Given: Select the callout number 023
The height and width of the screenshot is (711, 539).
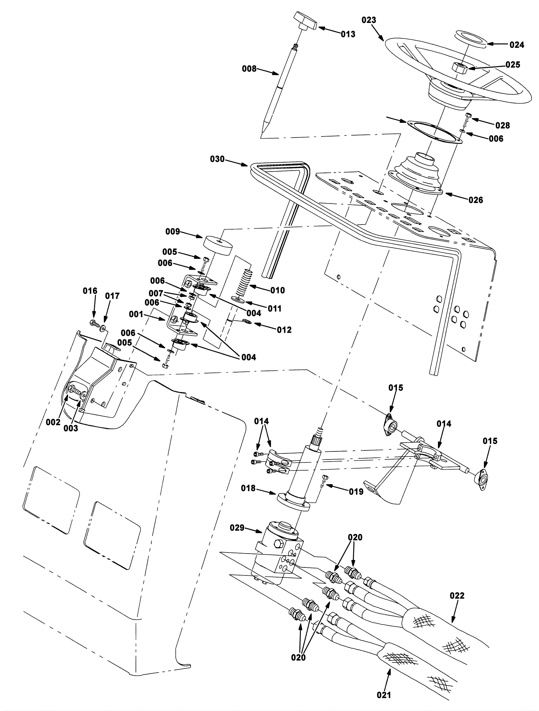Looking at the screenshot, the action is click(369, 20).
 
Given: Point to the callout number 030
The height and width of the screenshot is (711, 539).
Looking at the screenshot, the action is click(217, 159).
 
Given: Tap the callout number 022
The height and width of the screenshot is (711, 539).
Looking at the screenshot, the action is click(457, 596).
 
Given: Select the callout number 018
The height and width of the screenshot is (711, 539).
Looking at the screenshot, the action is click(248, 488).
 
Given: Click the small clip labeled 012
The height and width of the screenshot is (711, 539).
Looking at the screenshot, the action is click(246, 321).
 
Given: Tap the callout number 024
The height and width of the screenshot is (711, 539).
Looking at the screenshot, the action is click(517, 45).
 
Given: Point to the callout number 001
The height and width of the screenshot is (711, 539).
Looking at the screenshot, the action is click(136, 315).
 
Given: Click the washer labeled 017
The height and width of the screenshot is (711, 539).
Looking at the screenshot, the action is click(102, 328).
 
